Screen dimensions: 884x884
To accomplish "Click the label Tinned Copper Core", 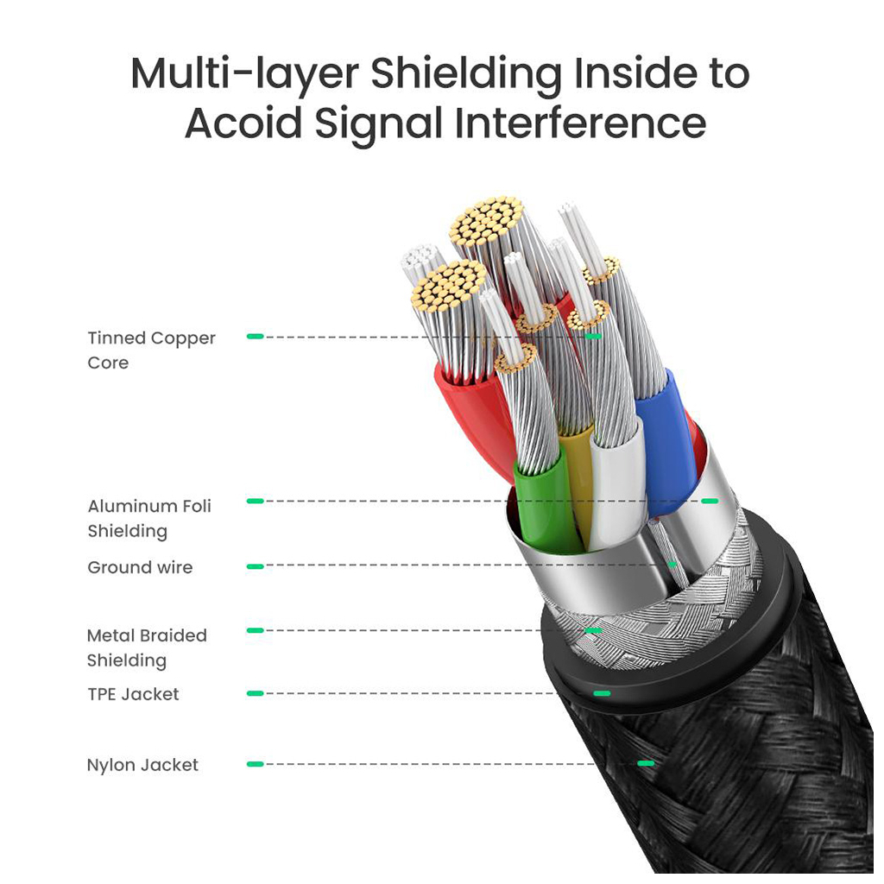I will [151, 350].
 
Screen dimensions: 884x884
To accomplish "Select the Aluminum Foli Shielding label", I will [148, 518].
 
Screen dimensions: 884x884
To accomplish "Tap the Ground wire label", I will [140, 567].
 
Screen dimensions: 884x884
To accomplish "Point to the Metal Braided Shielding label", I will [147, 647].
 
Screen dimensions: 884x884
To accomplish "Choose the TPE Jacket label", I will [133, 694].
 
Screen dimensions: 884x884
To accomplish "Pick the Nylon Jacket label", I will [142, 765].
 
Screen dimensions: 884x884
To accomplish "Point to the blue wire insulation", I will [665, 440].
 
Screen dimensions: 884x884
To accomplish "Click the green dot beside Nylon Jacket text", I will [255, 764].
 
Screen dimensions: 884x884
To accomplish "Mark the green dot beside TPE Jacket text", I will [255, 693].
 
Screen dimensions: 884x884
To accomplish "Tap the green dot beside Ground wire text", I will [255, 566].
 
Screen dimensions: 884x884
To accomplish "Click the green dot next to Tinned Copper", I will [255, 336].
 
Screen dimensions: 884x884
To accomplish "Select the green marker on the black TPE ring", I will [602, 693].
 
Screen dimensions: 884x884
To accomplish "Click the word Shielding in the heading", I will [465, 75].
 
